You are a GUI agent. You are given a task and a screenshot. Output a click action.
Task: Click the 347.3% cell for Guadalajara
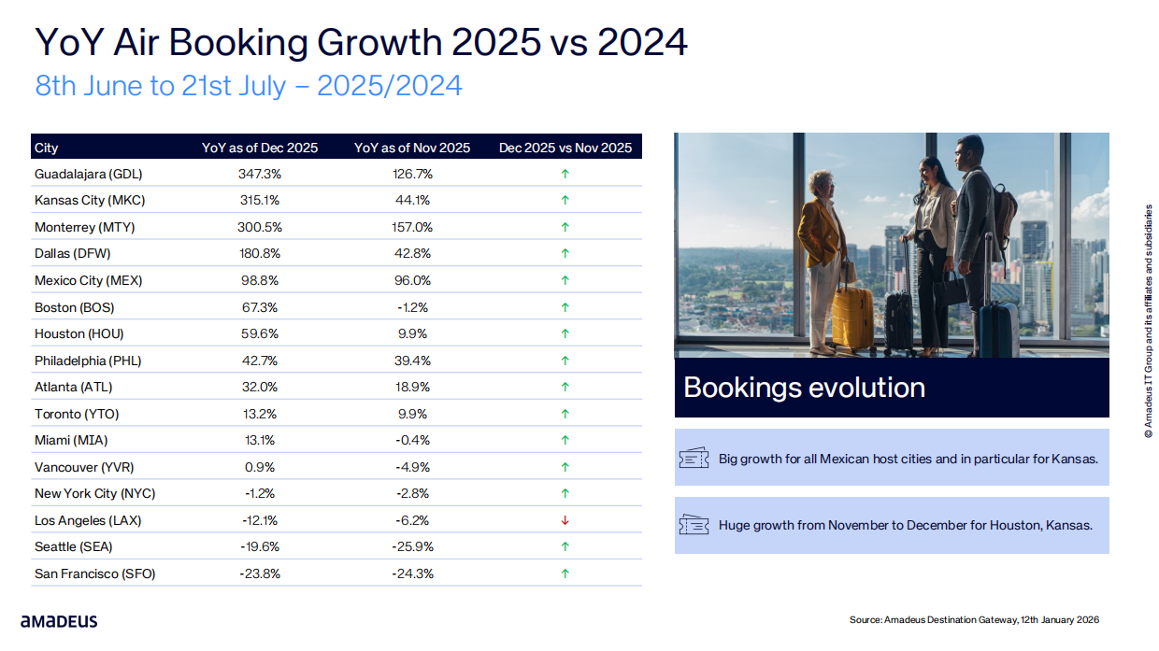click(260, 174)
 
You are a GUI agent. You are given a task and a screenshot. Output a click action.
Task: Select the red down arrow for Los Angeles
click(565, 520)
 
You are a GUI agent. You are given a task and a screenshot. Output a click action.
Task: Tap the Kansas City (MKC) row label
click(90, 200)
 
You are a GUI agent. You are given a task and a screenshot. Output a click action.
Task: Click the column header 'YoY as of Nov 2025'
click(412, 148)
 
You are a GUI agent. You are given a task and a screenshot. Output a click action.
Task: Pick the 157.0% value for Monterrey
click(412, 227)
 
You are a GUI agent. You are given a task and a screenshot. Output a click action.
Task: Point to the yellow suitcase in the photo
click(851, 318)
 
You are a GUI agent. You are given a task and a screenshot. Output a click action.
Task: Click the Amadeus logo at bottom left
click(59, 621)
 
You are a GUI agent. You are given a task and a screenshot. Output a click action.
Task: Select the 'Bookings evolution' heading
click(804, 388)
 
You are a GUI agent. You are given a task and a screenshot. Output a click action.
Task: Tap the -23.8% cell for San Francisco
click(260, 573)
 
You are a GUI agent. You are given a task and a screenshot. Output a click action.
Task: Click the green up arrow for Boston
click(565, 307)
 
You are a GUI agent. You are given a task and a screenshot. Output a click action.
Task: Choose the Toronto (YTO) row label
click(77, 414)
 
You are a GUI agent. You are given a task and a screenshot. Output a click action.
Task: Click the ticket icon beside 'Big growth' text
click(694, 459)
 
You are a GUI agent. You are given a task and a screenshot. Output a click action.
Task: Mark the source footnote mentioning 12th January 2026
click(974, 619)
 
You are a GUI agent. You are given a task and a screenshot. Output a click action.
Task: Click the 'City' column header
click(47, 148)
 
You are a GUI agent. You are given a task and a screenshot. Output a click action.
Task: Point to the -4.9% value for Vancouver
click(412, 467)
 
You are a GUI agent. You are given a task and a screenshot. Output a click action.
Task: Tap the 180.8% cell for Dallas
click(260, 253)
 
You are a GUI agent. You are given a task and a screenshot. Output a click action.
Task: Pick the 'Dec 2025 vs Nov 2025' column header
click(565, 148)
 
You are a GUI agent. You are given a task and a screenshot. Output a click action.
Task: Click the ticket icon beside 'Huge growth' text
click(694, 525)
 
